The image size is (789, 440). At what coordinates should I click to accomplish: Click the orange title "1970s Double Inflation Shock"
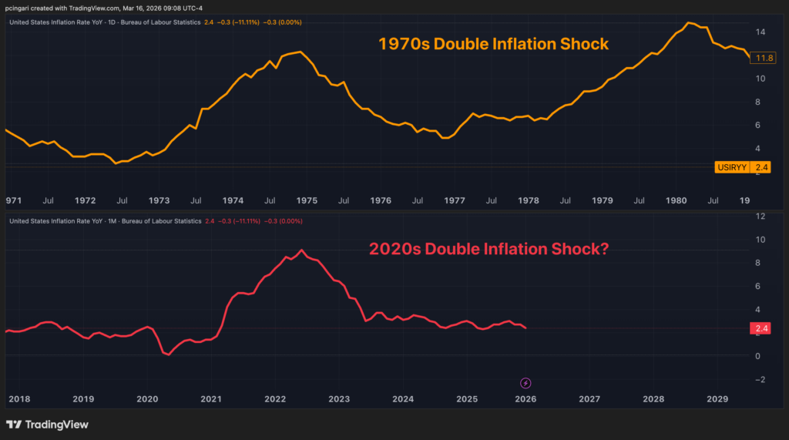pyautogui.click(x=493, y=44)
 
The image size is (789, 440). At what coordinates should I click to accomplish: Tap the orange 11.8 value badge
pyautogui.click(x=765, y=58)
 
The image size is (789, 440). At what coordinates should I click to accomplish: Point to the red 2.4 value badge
pyautogui.click(x=760, y=329)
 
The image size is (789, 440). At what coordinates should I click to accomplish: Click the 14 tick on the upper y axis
pyautogui.click(x=760, y=32)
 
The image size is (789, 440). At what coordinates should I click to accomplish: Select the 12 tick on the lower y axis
pyautogui.click(x=760, y=217)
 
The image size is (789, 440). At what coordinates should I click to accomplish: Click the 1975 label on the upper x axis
pyautogui.click(x=307, y=200)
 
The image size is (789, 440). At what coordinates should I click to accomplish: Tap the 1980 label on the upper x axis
pyautogui.click(x=676, y=200)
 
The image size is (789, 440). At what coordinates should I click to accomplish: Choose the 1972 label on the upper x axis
pyautogui.click(x=86, y=200)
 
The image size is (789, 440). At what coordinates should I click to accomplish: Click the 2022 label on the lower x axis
pyautogui.click(x=275, y=399)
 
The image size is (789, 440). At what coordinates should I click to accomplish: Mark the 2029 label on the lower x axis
pyautogui.click(x=717, y=399)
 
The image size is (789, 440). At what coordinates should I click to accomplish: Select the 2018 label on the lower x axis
pyautogui.click(x=18, y=399)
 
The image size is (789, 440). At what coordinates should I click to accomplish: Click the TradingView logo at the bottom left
pyautogui.click(x=47, y=425)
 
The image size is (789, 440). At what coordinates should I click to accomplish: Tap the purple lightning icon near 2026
pyautogui.click(x=525, y=383)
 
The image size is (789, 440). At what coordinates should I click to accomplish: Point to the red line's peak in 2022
pyautogui.click(x=302, y=250)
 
